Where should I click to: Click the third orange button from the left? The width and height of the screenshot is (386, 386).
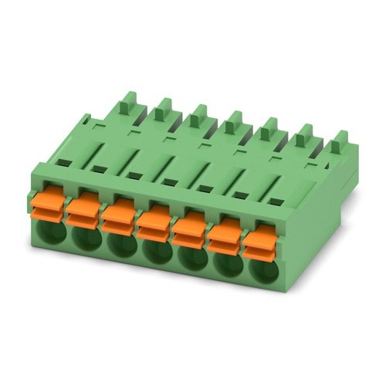coord(119,214)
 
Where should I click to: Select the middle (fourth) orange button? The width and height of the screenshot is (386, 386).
coord(154,219)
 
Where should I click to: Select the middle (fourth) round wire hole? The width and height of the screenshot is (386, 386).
coord(157,252)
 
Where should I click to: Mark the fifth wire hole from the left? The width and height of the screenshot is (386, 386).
coord(191,259)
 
